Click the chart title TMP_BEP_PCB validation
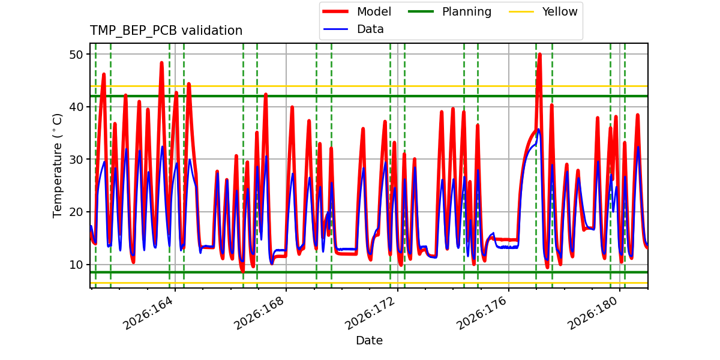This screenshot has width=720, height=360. pyautogui.click(x=166, y=31)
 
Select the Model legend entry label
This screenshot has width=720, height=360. pyautogui.click(x=374, y=11)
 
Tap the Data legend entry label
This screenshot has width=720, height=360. pyautogui.click(x=370, y=29)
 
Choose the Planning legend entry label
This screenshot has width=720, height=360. pyautogui.click(x=467, y=11)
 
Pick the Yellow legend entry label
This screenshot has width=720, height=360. pyautogui.click(x=560, y=11)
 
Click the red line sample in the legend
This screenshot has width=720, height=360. pyautogui.click(x=335, y=11)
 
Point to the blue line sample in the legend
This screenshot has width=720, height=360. pyautogui.click(x=335, y=29)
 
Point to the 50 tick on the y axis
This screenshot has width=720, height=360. pyautogui.click(x=76, y=55)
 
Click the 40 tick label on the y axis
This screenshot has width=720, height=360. pyautogui.click(x=76, y=107)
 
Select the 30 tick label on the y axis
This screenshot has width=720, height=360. pyautogui.click(x=76, y=160)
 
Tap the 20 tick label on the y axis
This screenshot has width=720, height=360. pyautogui.click(x=76, y=212)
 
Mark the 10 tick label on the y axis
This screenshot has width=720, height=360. pyautogui.click(x=76, y=265)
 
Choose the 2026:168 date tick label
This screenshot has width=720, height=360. pyautogui.click(x=260, y=313)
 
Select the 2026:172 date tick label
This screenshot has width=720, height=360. pyautogui.click(x=371, y=313)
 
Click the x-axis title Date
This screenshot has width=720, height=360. pyautogui.click(x=369, y=340)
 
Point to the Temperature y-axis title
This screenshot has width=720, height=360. pyautogui.click(x=57, y=166)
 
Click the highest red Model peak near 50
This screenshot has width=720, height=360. pyautogui.click(x=539, y=55)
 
